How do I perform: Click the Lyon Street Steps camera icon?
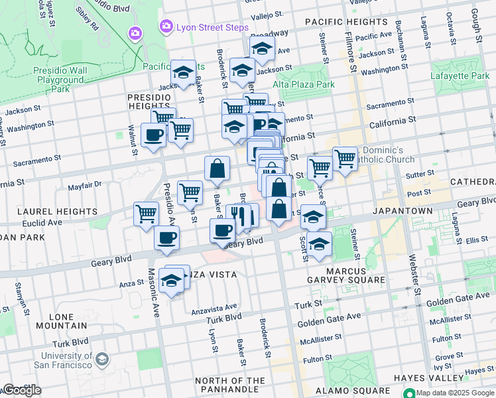pyautogui.click(x=136, y=33)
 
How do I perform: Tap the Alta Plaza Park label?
pyautogui.click(x=304, y=84)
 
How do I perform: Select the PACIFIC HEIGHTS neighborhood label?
pyautogui.click(x=341, y=22)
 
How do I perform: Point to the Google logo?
pyautogui.click(x=22, y=391)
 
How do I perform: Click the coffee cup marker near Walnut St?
pyautogui.click(x=154, y=135)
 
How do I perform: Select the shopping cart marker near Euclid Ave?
pyautogui.click(x=147, y=214)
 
